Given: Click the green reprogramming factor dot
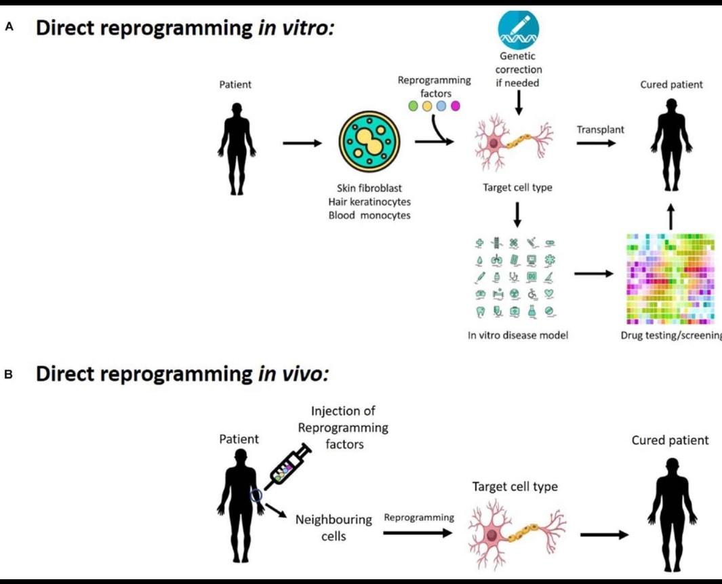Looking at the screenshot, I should point(412,106).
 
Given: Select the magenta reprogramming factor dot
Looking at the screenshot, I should point(456,106).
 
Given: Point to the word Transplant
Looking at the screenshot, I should point(600,130).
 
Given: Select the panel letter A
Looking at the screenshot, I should point(9,27).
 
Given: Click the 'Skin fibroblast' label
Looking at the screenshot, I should point(369,188).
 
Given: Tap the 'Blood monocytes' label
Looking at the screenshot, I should point(369,216).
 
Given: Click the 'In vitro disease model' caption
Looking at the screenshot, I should point(518,335).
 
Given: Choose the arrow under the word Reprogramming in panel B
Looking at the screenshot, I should point(418,533).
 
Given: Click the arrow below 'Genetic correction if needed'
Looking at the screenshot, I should point(518,102).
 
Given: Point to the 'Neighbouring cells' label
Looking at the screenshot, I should point(334,528).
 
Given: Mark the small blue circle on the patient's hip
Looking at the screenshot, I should point(256,496).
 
